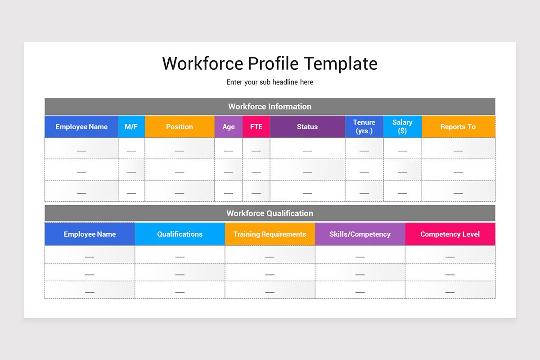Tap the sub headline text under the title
[x=270, y=82]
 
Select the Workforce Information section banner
[x=270, y=107]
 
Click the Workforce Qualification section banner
[x=270, y=213]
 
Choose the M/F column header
[x=131, y=127]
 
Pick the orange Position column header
[x=180, y=127]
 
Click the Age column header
[x=229, y=127]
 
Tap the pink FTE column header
[x=256, y=127]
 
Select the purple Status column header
[x=307, y=127]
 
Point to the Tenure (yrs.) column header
[x=364, y=127]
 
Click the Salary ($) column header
[x=402, y=127]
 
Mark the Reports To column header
[x=458, y=127]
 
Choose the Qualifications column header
[x=180, y=234]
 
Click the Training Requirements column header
[x=270, y=234]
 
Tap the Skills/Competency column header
[x=360, y=234]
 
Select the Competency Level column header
[x=450, y=234]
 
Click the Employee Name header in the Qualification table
[x=90, y=234]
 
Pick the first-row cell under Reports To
[x=458, y=148]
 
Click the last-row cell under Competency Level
[x=450, y=290]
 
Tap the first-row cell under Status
[x=307, y=148]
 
